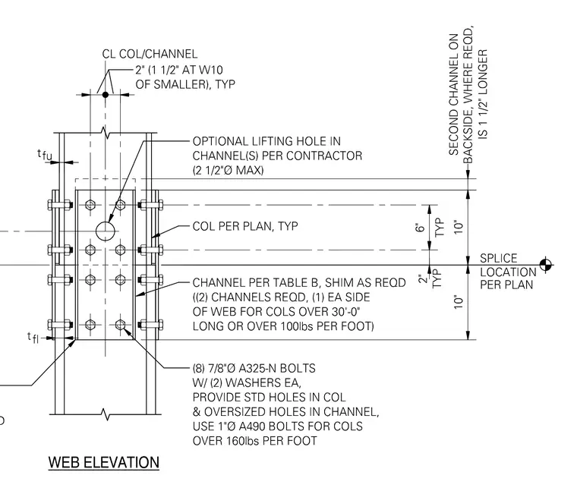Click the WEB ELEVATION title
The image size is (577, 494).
pyautogui.click(x=104, y=462)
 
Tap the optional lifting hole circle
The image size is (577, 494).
pyautogui.click(x=106, y=231)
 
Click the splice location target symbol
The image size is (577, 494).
pyautogui.click(x=546, y=265)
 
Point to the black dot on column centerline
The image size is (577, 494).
pyautogui.click(x=106, y=95)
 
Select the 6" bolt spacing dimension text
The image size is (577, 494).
pyautogui.click(x=420, y=228)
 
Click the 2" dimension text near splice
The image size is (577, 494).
pyautogui.click(x=424, y=278)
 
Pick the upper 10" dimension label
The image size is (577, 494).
pyautogui.click(x=458, y=227)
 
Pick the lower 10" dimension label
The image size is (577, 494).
pyautogui.click(x=458, y=302)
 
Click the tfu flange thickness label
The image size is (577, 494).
pyautogui.click(x=45, y=155)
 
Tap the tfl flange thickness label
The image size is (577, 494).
pyautogui.click(x=33, y=338)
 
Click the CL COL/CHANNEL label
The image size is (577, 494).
pyautogui.click(x=150, y=54)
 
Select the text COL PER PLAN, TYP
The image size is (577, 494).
pyautogui.click(x=245, y=226)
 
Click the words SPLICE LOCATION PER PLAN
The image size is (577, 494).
pyautogui.click(x=508, y=272)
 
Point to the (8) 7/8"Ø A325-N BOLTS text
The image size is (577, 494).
pyautogui.click(x=254, y=368)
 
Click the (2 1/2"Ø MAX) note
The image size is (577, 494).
pyautogui.click(x=229, y=170)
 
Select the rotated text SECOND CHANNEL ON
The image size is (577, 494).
pyautogui.click(x=454, y=94)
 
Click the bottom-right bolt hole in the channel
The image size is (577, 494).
pyautogui.click(x=120, y=325)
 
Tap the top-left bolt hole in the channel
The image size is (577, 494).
pyautogui.click(x=90, y=205)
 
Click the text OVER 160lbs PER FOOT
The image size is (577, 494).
pyautogui.click(x=254, y=441)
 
